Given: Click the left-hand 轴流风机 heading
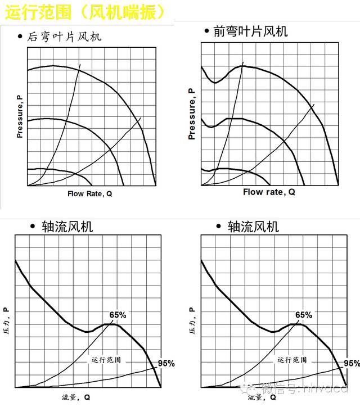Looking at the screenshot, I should tap(67, 227).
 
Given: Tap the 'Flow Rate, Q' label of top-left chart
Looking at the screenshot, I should tap(90, 193).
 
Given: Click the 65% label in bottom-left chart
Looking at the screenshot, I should tap(118, 315).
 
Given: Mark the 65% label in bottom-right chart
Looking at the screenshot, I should tap(303, 315).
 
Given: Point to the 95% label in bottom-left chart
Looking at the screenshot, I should tap(166, 363).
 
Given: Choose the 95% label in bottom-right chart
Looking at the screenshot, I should tap(351, 363).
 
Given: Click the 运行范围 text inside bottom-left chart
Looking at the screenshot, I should tap(106, 359).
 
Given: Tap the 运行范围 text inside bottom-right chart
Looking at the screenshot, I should tap(292, 359).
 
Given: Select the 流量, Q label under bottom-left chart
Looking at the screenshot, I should tap(76, 397).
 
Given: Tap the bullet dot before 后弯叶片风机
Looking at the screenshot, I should tap(20, 38).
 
